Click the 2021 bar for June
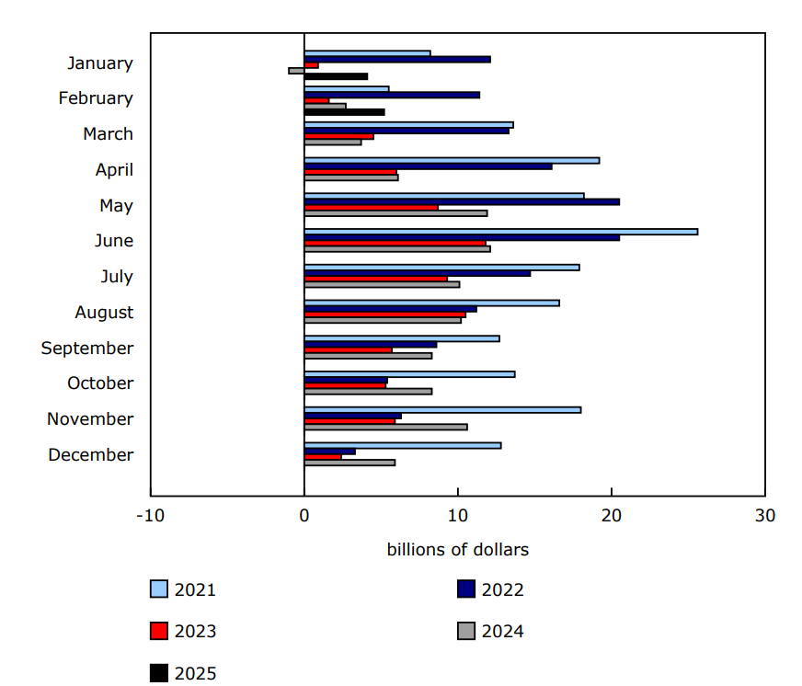click(x=500, y=232)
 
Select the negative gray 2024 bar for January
click(x=296, y=71)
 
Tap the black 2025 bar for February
click(x=344, y=112)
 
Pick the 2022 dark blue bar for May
click(x=462, y=201)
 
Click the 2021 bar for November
click(x=442, y=410)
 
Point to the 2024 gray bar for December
click(x=349, y=463)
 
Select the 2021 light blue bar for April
click(x=452, y=160)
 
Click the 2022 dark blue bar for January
click(x=397, y=59)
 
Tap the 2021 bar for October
click(x=409, y=374)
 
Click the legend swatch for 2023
click(x=159, y=631)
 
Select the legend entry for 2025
click(x=184, y=673)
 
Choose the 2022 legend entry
click(x=490, y=589)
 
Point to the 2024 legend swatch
click(x=466, y=631)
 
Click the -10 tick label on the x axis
click(x=150, y=515)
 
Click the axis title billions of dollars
click(x=457, y=550)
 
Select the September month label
click(x=87, y=348)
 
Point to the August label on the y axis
click(x=104, y=313)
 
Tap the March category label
click(x=108, y=134)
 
